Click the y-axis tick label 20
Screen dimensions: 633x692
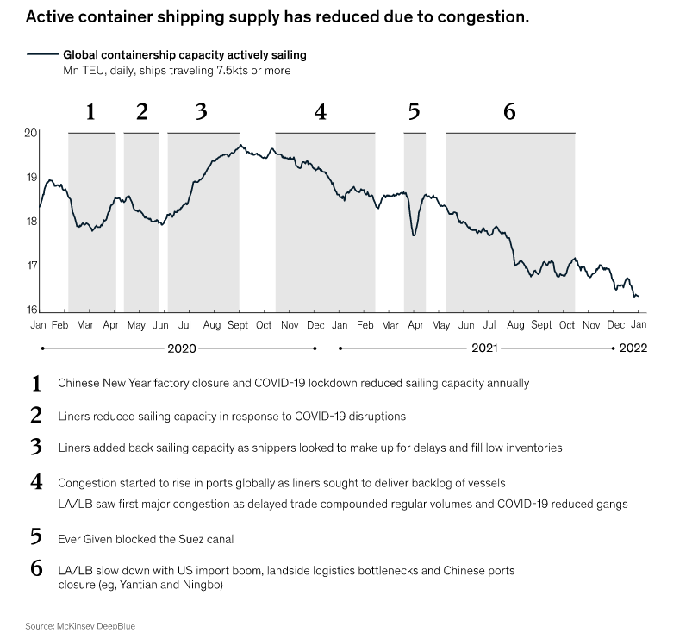(30, 133)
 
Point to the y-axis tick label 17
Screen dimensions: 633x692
(30, 265)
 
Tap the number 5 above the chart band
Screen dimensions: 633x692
(414, 112)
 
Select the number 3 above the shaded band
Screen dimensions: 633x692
(202, 112)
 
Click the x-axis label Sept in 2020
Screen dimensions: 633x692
(238, 325)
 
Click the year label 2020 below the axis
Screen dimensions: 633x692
(181, 348)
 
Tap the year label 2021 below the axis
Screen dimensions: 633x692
(484, 348)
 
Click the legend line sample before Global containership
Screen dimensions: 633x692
(42, 55)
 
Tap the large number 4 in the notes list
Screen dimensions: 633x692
(36, 482)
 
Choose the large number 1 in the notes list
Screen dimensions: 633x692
(36, 383)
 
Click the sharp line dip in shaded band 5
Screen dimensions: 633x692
(415, 234)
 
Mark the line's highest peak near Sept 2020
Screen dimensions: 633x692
(241, 145)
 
